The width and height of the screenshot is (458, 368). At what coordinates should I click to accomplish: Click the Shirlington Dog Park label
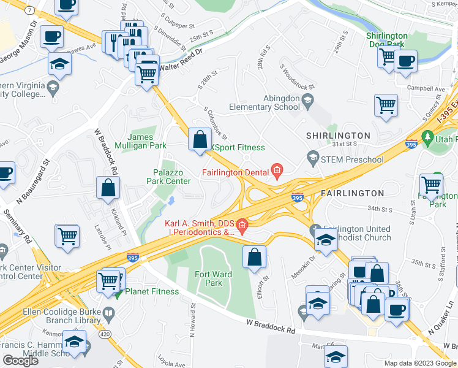[x=387, y=40]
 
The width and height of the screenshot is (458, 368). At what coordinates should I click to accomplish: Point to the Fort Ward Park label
[x=213, y=278]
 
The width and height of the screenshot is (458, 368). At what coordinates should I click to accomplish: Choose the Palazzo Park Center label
[x=168, y=177]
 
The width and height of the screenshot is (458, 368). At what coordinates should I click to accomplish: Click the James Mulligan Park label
[x=148, y=142]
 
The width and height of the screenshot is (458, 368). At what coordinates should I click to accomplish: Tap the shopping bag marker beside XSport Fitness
[x=200, y=139]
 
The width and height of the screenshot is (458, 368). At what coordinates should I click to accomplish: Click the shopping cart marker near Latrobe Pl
[x=67, y=236]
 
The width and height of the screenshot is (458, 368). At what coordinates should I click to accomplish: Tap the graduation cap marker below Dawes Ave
[x=59, y=64]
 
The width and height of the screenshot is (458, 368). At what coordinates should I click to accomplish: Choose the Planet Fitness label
[x=151, y=291]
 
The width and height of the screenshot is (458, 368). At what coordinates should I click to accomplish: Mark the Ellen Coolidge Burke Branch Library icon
[x=108, y=316]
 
